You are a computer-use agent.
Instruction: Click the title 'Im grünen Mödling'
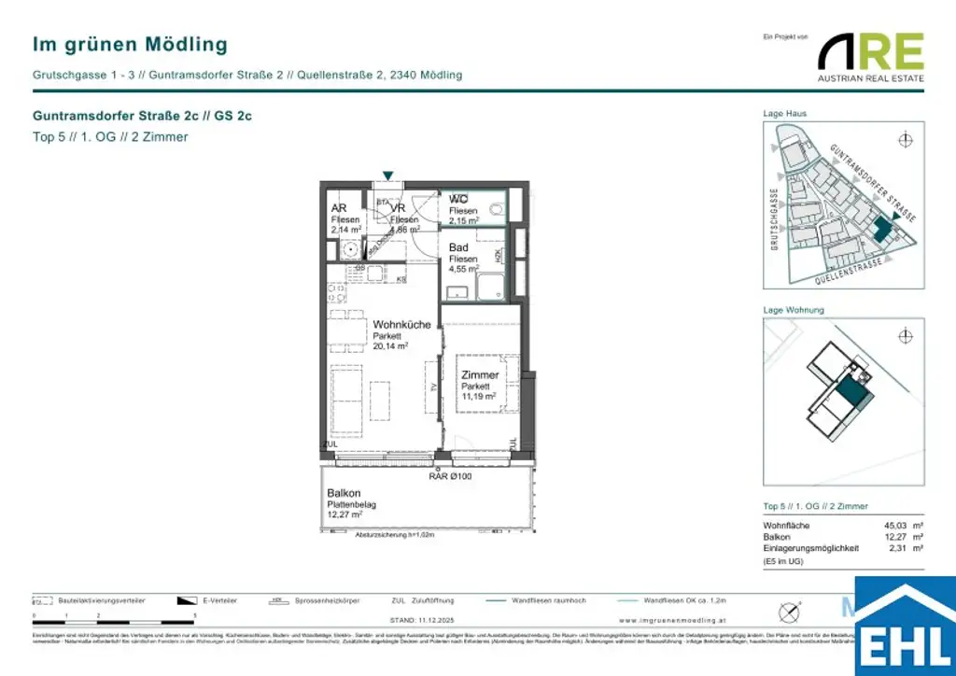pos(130,44)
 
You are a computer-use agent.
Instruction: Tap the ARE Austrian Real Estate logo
pos(870,56)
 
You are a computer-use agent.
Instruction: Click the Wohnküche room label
pos(401,325)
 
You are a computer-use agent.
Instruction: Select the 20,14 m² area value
pos(390,346)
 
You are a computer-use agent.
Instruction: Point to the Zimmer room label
pos(480,375)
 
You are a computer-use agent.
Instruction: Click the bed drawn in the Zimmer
pos(487,383)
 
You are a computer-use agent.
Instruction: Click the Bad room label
pos(458,247)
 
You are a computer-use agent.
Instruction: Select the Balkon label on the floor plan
pos(344,494)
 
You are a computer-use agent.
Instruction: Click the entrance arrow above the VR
pos(387,175)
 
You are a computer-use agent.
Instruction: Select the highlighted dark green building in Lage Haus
pos(882,225)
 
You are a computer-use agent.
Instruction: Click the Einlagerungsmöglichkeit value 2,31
pos(896,549)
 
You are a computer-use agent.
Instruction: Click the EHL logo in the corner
pos(905,627)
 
